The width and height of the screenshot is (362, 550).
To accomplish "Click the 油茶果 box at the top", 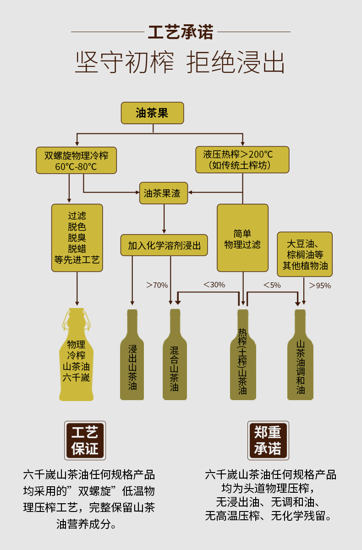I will [x=152, y=113].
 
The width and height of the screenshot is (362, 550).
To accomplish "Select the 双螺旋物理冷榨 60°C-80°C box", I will [x=76, y=160].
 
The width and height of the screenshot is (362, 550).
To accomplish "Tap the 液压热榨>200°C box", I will [x=242, y=159].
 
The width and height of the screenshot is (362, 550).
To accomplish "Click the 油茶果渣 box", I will [x=163, y=193].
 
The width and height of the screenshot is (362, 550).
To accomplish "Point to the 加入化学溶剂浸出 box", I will [x=164, y=245].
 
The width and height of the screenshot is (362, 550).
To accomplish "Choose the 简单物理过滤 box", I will [x=242, y=238].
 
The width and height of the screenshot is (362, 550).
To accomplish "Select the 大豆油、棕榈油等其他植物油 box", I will [x=305, y=254].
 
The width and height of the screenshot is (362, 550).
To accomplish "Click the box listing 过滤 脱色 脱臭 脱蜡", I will [x=77, y=237].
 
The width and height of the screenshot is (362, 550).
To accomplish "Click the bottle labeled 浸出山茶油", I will [x=132, y=362].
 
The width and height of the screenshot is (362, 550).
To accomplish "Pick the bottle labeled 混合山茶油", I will [x=175, y=362].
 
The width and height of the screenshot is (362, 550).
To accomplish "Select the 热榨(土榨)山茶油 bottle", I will [x=243, y=362].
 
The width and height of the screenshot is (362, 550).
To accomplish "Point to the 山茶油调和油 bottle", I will [x=300, y=362].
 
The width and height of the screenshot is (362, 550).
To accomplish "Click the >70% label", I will [x=157, y=285].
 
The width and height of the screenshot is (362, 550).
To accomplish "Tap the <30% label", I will [x=214, y=285].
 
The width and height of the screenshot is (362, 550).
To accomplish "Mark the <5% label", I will [x=272, y=285].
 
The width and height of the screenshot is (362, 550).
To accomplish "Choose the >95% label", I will [x=320, y=286].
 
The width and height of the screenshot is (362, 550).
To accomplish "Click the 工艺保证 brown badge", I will [x=85, y=440].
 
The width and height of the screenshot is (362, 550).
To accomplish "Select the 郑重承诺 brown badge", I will [x=268, y=440].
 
